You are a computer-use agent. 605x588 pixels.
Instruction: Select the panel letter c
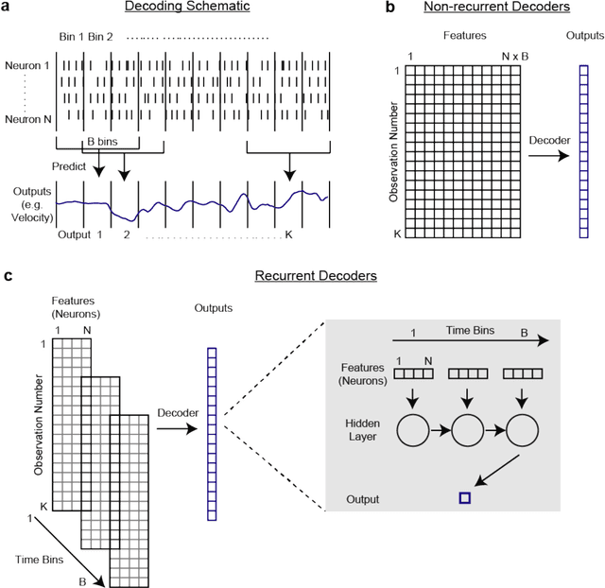point(9,276)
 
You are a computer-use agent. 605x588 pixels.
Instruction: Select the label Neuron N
point(26,121)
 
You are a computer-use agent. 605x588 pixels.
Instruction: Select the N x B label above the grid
point(516,56)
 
